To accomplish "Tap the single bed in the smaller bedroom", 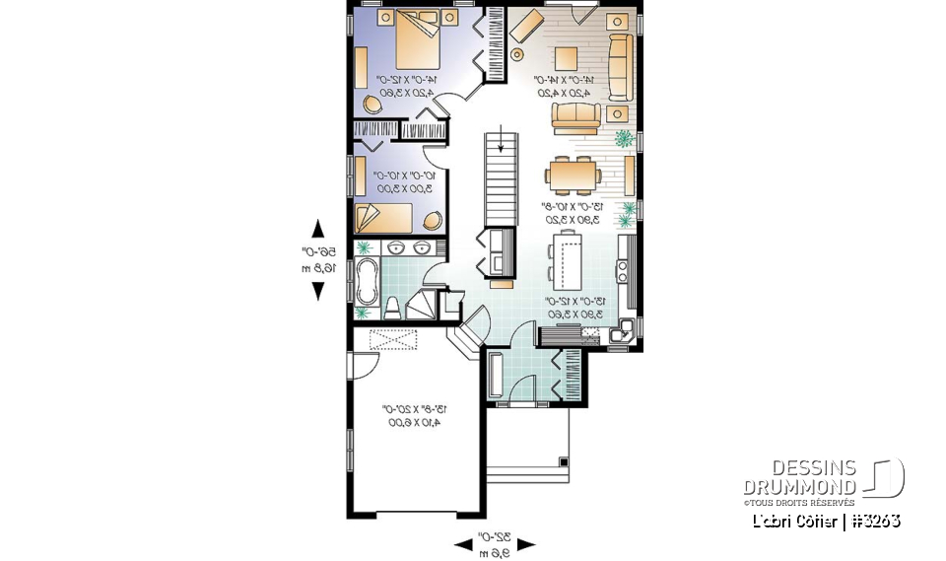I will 391,217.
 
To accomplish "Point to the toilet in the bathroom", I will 391,308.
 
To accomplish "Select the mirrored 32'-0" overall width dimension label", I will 494,543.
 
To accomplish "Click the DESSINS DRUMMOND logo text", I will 799,478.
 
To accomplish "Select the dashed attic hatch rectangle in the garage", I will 392,339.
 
